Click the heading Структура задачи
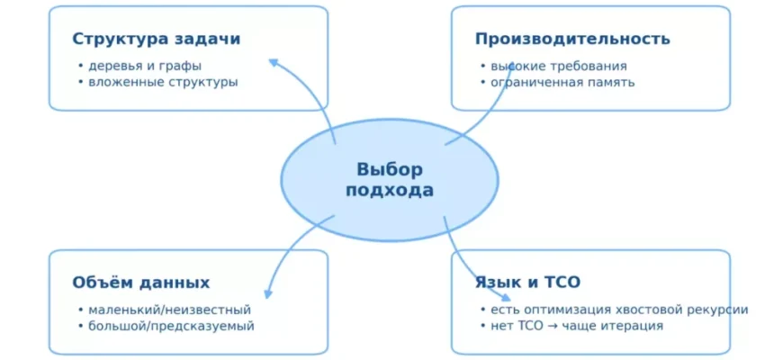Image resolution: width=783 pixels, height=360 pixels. point(156,40)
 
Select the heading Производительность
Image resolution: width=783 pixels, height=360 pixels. point(572,40)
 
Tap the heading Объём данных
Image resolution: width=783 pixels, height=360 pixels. point(141,283)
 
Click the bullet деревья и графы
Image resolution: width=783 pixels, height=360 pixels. point(145,66)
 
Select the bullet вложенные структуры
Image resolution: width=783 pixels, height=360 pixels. point(163,82)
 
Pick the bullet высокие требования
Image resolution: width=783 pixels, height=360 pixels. point(559,66)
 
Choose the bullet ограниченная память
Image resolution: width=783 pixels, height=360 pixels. point(562,82)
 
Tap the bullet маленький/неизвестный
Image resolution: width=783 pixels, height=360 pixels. point(169,310)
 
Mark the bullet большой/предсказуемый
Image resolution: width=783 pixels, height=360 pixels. point(171,326)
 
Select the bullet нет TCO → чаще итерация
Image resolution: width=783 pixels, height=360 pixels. point(577,326)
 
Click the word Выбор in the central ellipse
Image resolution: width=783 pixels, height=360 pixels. point(390,169)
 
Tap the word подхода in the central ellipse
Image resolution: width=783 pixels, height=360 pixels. point(390,191)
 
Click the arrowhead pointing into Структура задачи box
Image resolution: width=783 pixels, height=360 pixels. point(274,62)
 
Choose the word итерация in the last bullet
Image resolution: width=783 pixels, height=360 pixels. point(631,326)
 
